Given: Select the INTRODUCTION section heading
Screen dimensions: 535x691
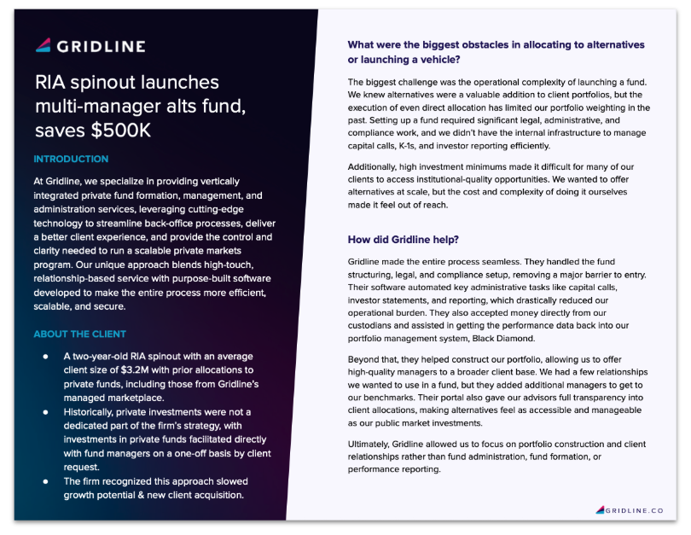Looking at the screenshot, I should tap(71, 159).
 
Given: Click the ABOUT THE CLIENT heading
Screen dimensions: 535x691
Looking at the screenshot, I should tap(79, 334).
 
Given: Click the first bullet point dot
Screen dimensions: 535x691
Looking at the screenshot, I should tap(45, 356).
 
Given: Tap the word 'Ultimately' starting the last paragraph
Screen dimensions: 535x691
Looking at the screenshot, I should tap(371, 445).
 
